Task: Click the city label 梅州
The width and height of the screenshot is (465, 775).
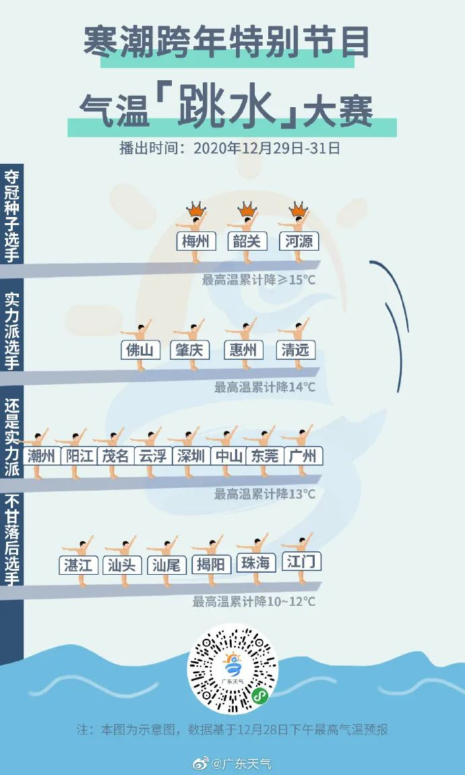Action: (195, 241)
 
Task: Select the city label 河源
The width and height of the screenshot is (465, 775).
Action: (299, 241)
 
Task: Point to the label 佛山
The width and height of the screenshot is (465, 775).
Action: (141, 350)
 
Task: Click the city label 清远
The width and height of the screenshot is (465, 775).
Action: (296, 350)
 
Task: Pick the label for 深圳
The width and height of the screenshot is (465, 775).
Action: (191, 456)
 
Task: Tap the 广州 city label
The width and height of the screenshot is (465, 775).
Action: (302, 456)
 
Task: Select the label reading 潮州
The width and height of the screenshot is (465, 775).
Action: (41, 456)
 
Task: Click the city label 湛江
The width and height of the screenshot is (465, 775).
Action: (78, 565)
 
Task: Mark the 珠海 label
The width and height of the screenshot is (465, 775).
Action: (255, 563)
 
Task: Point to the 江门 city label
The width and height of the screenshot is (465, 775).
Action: (301, 561)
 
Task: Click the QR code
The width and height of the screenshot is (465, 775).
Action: (232, 668)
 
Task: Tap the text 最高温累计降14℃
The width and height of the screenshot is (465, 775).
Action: (265, 387)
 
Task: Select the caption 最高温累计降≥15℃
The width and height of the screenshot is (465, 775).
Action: (259, 279)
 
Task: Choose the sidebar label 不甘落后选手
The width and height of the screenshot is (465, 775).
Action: (11, 540)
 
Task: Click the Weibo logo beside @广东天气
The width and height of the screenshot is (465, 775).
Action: (201, 764)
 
